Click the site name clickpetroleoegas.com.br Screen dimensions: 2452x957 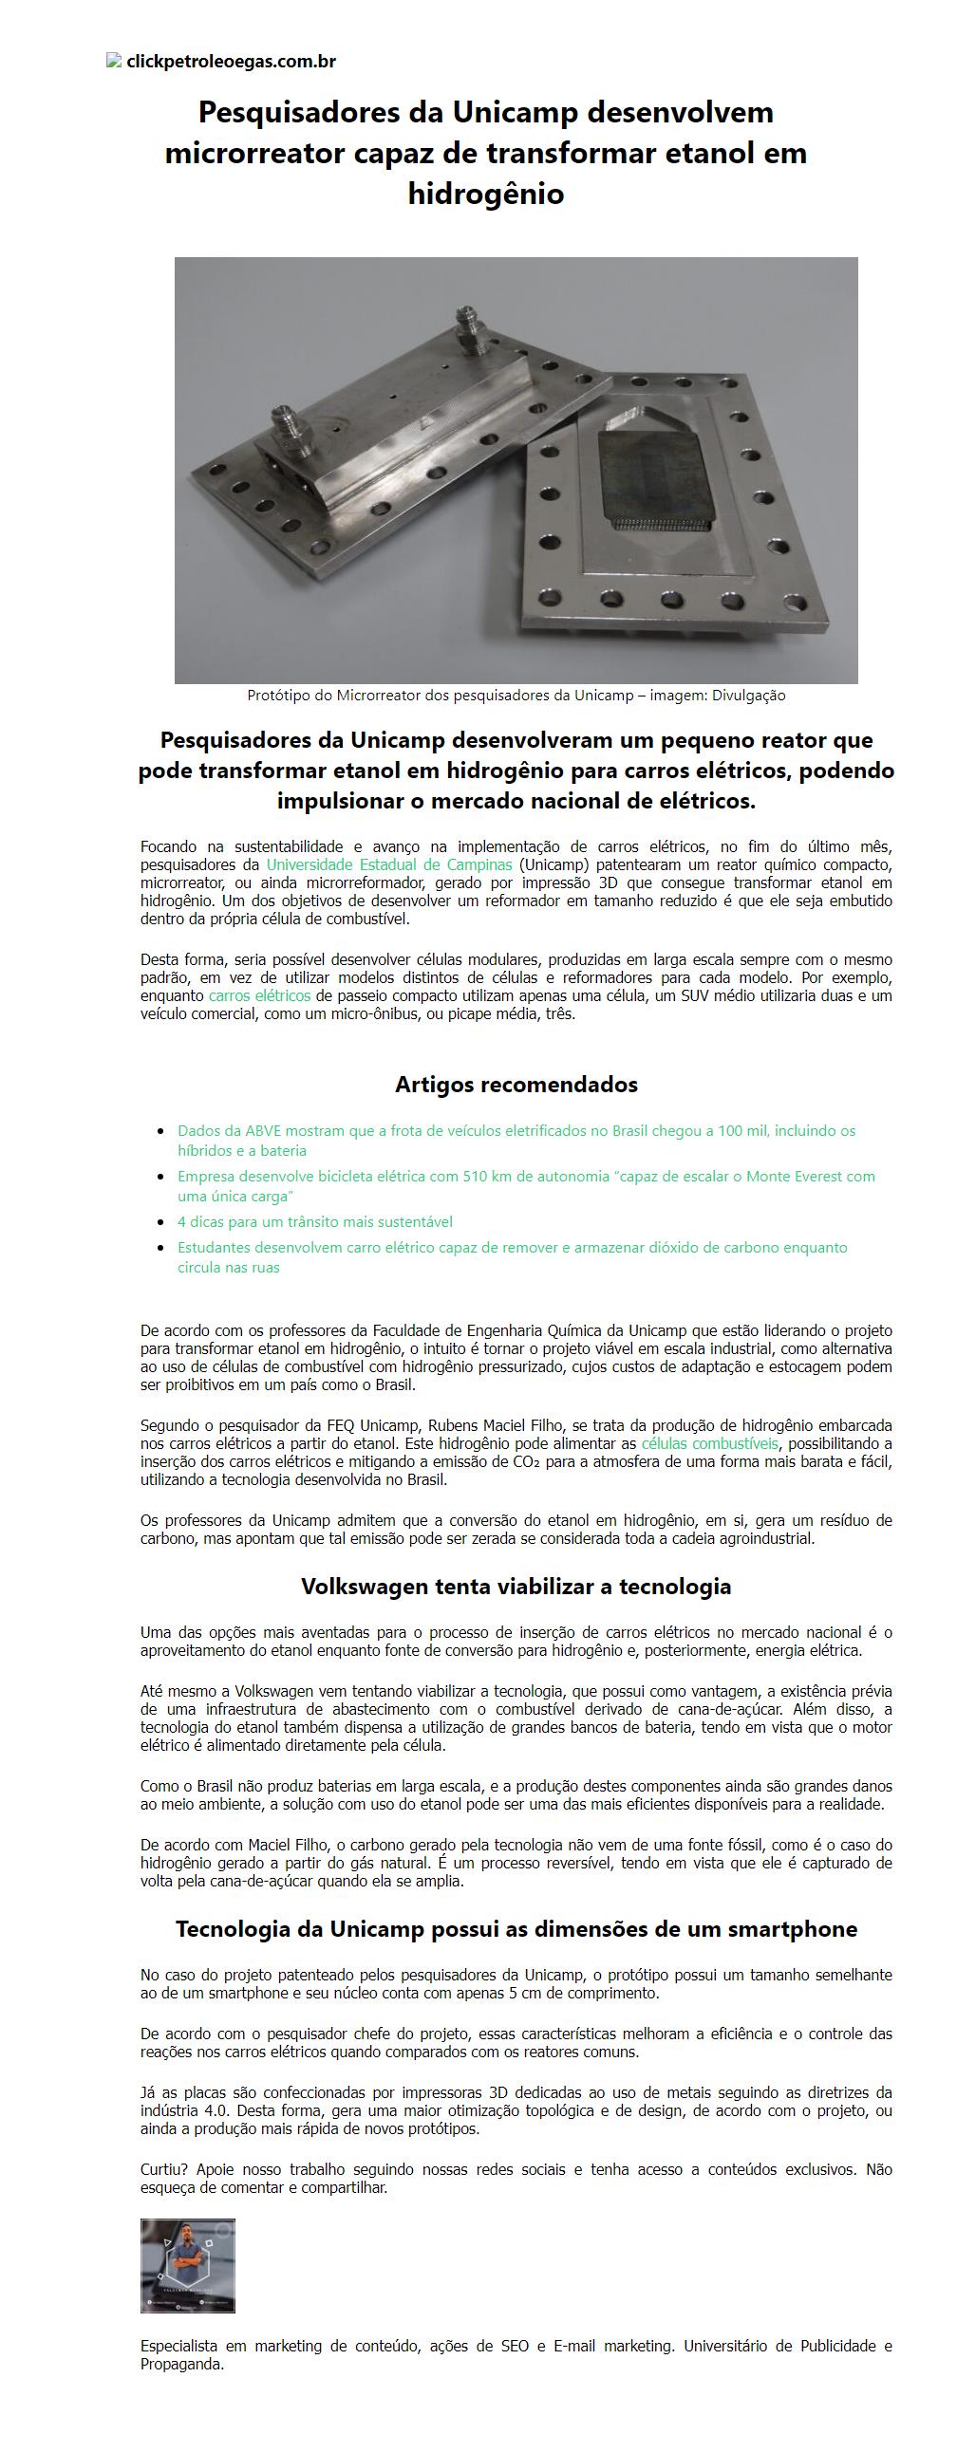[231, 62]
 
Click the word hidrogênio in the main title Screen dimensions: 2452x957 [486, 195]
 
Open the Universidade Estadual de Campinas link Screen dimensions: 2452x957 [388, 864]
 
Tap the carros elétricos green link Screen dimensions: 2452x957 [259, 995]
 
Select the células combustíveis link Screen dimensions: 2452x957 [709, 1443]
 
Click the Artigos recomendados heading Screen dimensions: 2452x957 [516, 1085]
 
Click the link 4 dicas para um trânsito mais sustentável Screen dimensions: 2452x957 [314, 1221]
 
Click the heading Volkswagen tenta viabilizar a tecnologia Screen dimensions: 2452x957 [516, 1587]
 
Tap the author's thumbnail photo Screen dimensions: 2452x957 [188, 2266]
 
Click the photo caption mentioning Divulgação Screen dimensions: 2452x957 [516, 696]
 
